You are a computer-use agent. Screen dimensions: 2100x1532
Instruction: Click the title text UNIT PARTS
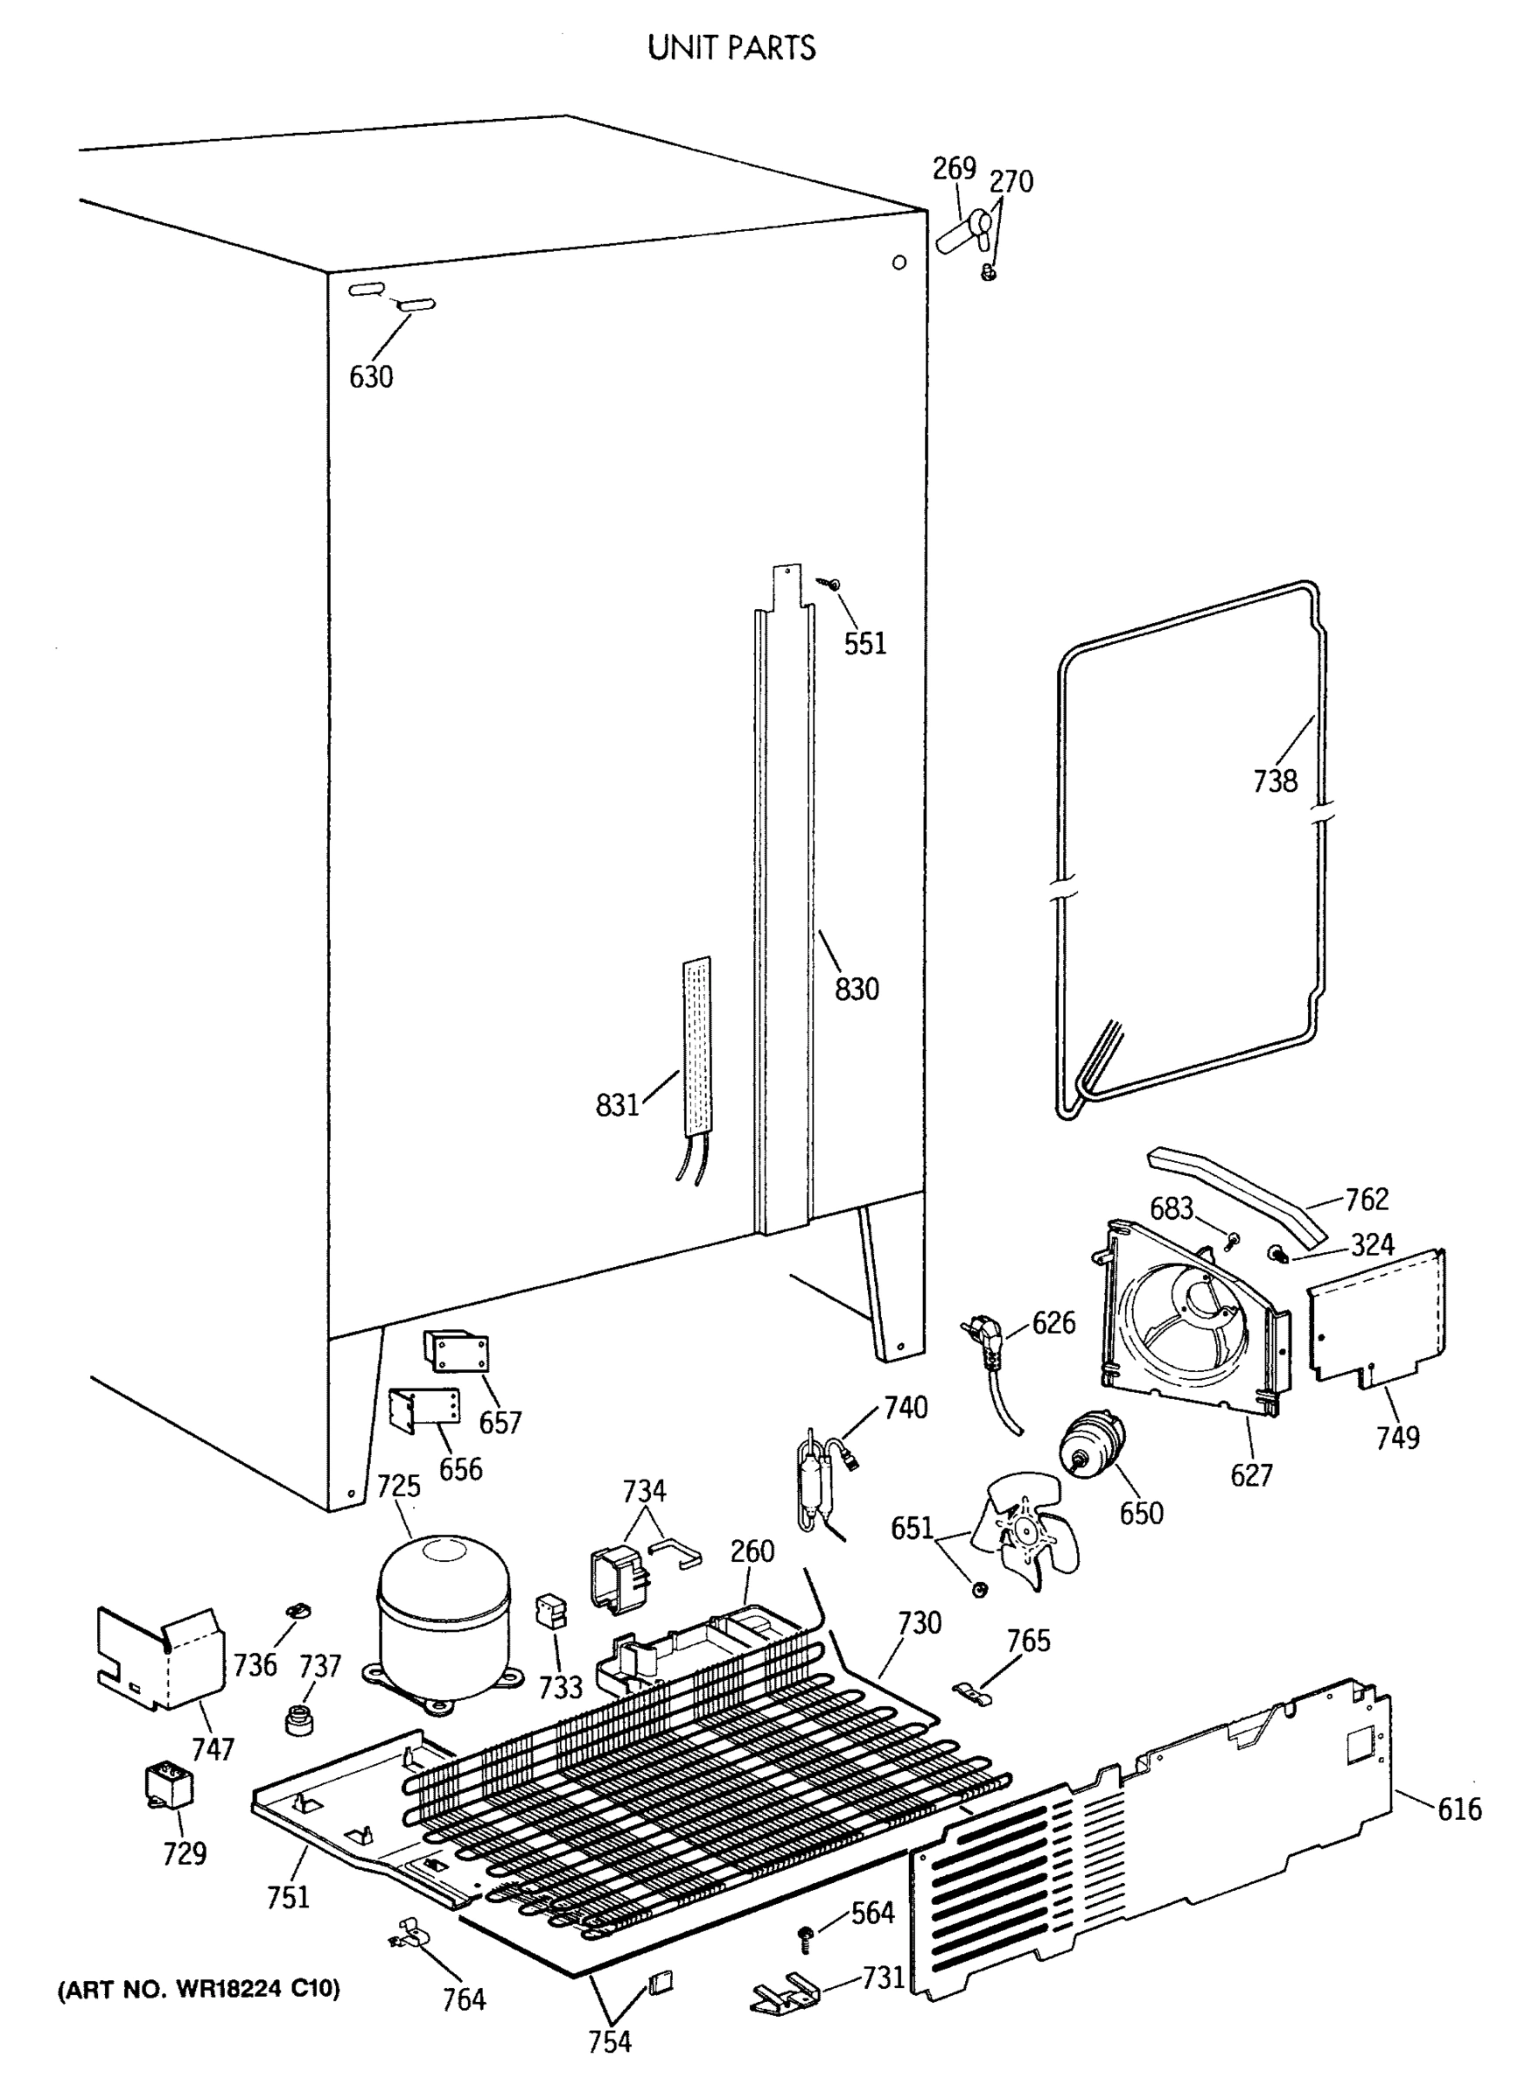tap(731, 47)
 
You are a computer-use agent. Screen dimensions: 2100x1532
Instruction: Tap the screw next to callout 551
tap(833, 584)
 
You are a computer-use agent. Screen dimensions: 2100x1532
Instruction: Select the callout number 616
tap(1459, 1809)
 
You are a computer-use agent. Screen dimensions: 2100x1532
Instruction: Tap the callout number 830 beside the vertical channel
tap(856, 989)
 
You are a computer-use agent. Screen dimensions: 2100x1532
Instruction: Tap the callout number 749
tap(1396, 1438)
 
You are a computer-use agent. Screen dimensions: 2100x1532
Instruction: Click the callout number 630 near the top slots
tap(371, 376)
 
